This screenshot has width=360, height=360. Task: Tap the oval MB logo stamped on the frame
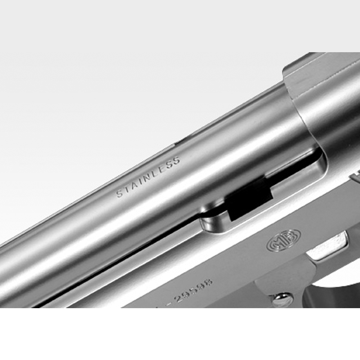[x=284, y=240]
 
